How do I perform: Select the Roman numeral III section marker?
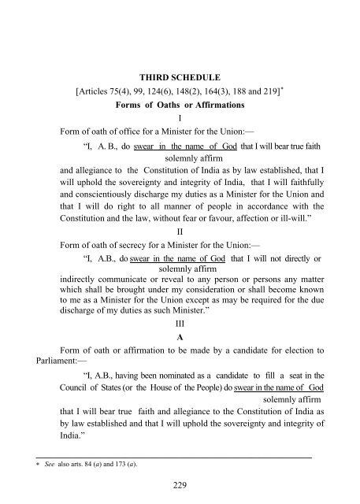(x=180, y=324)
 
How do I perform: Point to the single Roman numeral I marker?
(x=180, y=121)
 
